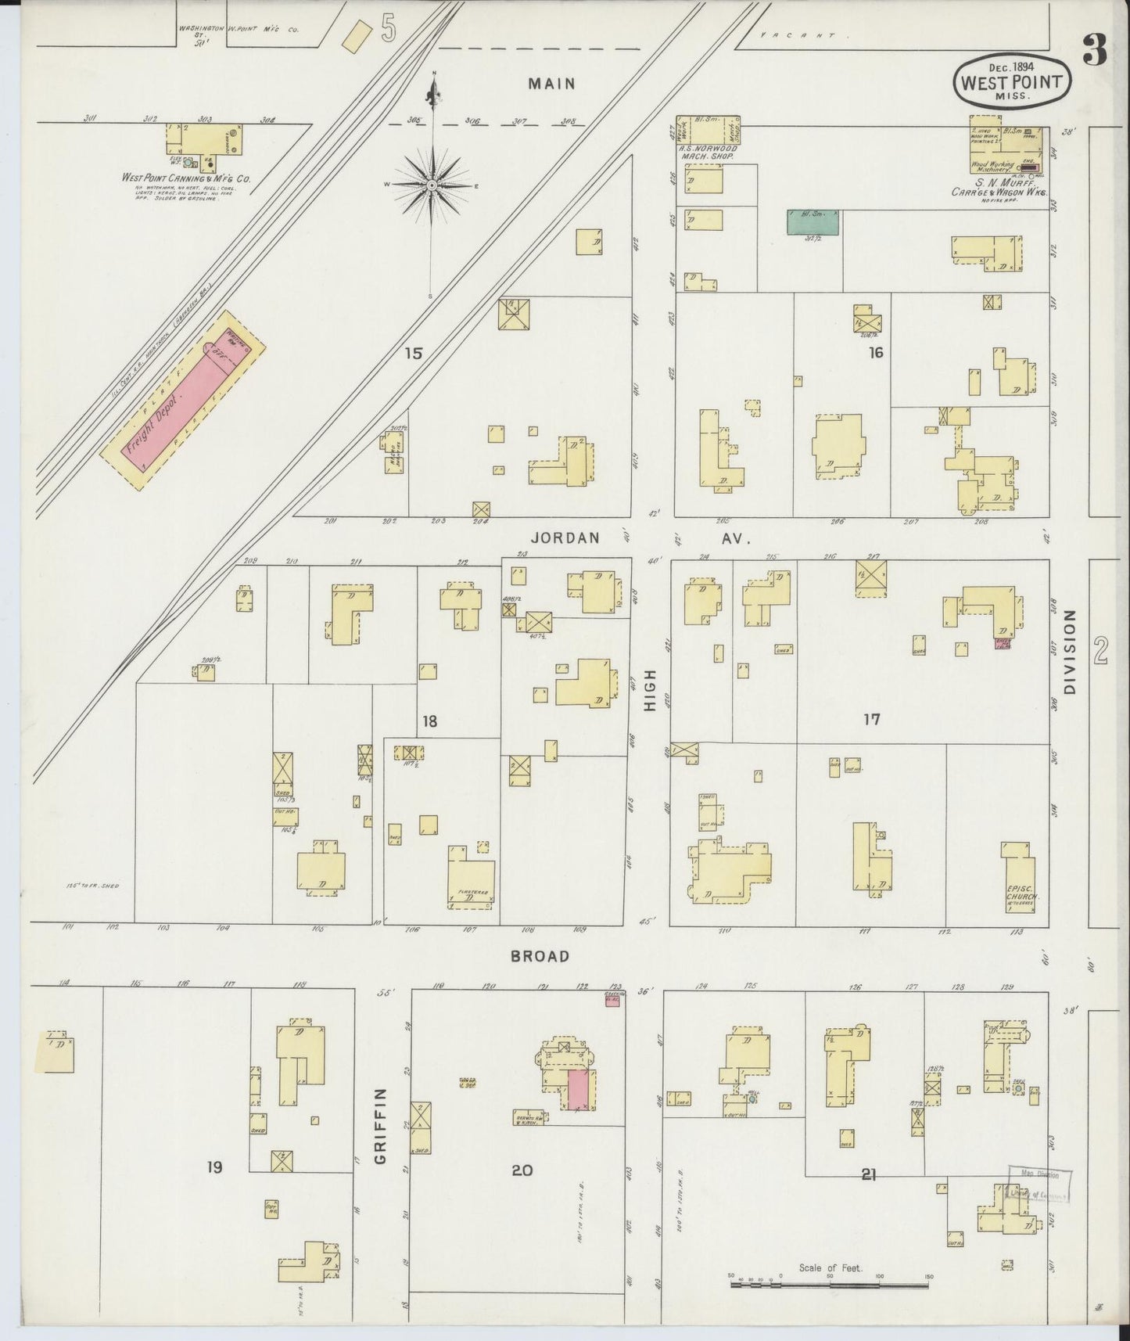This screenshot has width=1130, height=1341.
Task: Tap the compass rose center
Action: pos(431,185)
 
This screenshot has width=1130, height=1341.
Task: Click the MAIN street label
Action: pos(551,84)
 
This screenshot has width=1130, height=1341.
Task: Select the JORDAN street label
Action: pos(565,538)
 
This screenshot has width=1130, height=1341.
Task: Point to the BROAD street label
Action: pos(540,956)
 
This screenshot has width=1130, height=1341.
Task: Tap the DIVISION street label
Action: pos(1070,652)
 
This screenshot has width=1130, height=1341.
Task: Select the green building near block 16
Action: pos(813,221)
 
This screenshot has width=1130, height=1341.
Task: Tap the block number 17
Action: pos(872,719)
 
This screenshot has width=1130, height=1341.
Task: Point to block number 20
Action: pos(522,1170)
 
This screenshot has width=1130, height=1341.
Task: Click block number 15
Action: pos(413,354)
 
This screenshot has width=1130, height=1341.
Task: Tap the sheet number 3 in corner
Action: pos(1095,52)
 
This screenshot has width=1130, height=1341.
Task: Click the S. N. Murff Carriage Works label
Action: pos(999,187)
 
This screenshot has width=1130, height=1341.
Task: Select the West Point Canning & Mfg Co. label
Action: pos(186,178)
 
